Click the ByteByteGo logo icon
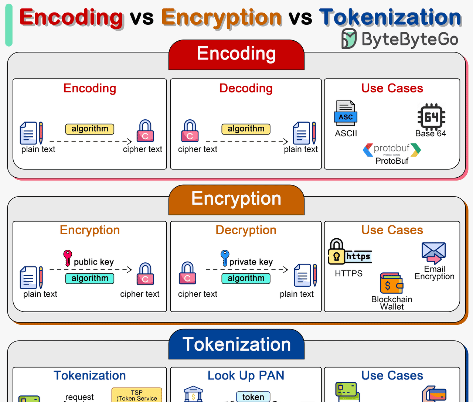click(349, 39)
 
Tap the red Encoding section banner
click(236, 54)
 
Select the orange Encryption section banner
click(236, 199)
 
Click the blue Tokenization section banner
click(236, 344)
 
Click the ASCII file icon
click(346, 113)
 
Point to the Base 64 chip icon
click(431, 117)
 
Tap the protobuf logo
click(392, 150)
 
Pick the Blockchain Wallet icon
click(391, 284)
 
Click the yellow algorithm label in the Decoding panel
click(246, 129)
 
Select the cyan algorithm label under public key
click(90, 278)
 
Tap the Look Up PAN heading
click(246, 375)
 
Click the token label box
click(253, 397)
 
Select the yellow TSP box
click(137, 395)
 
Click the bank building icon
click(193, 394)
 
